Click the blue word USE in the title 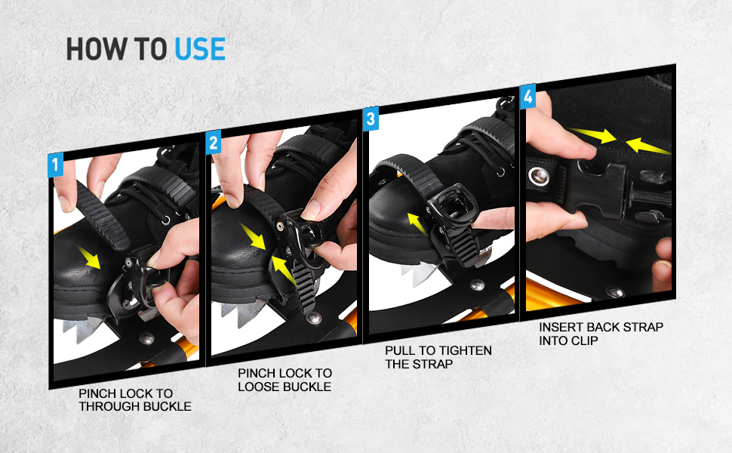(x=200, y=48)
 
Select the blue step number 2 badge (x=213, y=143)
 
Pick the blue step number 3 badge (x=370, y=119)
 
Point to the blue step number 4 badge (x=528, y=96)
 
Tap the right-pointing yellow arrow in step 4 (x=593, y=136)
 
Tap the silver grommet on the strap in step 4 (x=539, y=177)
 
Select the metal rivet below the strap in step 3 (x=477, y=285)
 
